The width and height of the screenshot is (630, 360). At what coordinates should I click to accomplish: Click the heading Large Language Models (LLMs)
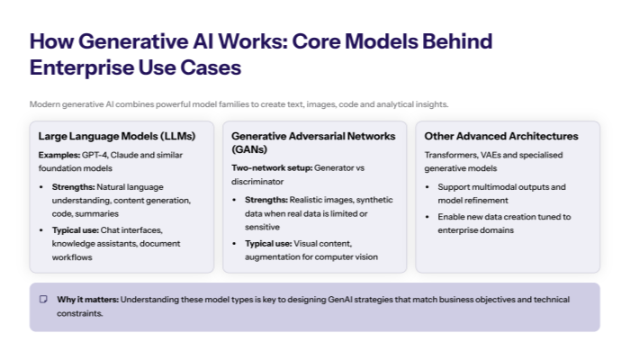point(116,136)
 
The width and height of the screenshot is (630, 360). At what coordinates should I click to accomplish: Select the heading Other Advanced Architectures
point(500,136)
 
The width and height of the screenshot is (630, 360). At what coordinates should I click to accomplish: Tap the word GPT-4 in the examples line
point(93,155)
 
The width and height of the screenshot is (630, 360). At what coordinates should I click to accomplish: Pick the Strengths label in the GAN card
point(265,199)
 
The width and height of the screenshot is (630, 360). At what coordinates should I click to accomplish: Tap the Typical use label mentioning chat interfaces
point(75,230)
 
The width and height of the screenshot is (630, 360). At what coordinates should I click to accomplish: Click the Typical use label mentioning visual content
point(268,243)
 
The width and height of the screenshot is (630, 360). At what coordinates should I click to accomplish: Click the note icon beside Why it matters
point(43,299)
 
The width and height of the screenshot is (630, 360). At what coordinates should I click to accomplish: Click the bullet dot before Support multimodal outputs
point(428,187)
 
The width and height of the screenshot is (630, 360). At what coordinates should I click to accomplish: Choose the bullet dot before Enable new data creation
point(428,217)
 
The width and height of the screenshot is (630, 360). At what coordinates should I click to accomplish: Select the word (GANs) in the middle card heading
point(248,148)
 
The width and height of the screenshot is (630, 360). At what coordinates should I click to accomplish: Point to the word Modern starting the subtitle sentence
point(45,104)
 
